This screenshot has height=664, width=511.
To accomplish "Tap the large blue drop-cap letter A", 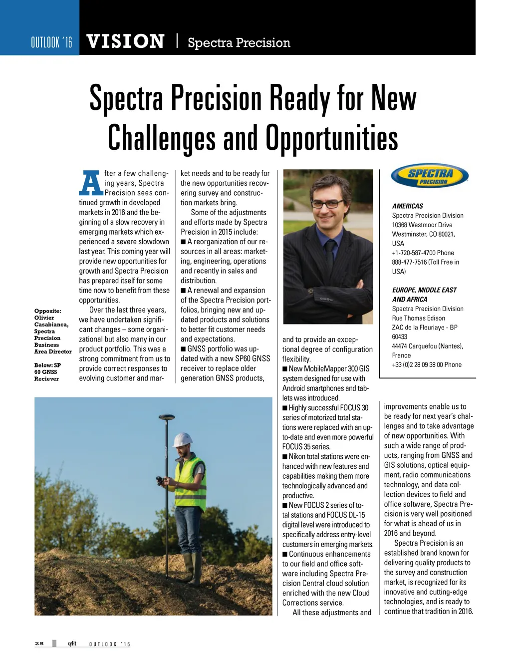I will pyautogui.click(x=91, y=184).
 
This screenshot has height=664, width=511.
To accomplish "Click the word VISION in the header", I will pyautogui.click(x=125, y=42).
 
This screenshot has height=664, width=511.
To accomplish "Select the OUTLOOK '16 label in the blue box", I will pyautogui.click(x=51, y=42).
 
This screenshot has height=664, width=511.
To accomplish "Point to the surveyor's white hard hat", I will pyautogui.click(x=182, y=440).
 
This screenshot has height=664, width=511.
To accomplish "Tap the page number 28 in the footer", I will pyautogui.click(x=39, y=644).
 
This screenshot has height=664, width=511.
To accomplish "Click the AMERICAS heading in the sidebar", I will pyautogui.click(x=407, y=206).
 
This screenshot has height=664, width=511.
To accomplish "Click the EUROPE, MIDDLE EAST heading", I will pyautogui.click(x=424, y=290).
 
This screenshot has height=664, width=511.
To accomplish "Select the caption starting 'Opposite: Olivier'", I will pyautogui.click(x=52, y=331).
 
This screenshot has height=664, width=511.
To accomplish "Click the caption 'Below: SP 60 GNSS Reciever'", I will pyautogui.click(x=47, y=372).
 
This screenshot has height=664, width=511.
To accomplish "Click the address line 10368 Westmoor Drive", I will pyautogui.click(x=422, y=225).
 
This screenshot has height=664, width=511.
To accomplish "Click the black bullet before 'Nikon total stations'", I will pyautogui.click(x=285, y=457).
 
